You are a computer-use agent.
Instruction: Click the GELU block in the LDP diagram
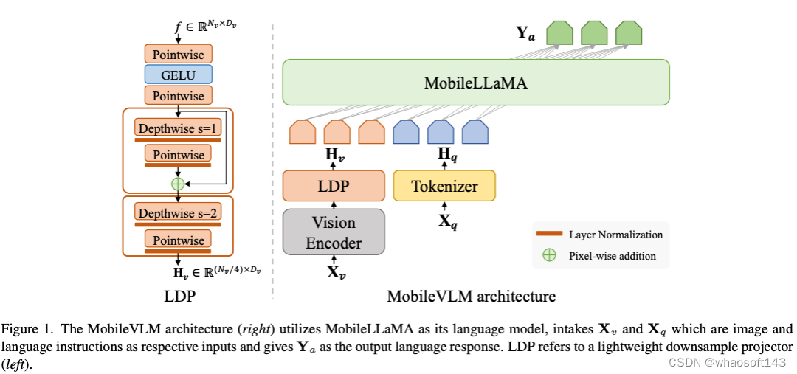click(178, 75)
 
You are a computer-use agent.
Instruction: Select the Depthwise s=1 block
click(178, 128)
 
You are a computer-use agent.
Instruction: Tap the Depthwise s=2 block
click(178, 213)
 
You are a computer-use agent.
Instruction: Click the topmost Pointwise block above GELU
click(178, 54)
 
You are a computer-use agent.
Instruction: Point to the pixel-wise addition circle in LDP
click(178, 182)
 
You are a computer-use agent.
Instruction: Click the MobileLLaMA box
click(475, 83)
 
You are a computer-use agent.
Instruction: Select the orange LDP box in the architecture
click(334, 186)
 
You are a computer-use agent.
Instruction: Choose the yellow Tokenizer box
click(444, 186)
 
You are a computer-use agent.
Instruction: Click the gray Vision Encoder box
click(334, 232)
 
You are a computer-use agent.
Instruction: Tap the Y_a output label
click(525, 33)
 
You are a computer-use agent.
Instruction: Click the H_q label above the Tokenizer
click(444, 153)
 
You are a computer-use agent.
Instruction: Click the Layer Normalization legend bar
click(549, 235)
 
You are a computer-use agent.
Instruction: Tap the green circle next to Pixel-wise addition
click(549, 256)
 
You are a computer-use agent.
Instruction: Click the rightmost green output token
click(629, 32)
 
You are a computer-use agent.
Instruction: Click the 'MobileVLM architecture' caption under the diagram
click(471, 297)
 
